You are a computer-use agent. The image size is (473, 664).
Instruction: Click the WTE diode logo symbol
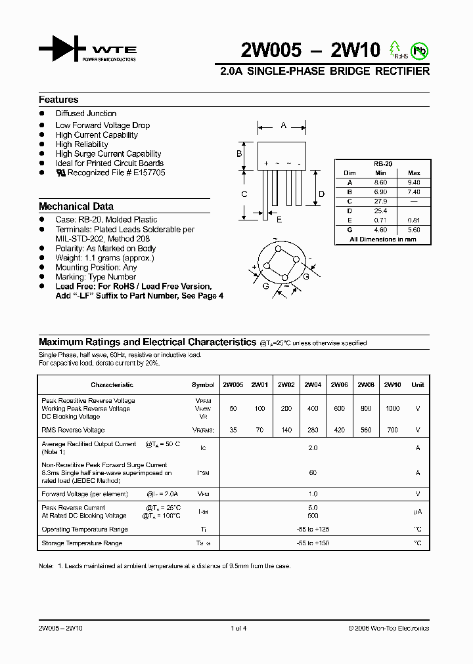point(62,50)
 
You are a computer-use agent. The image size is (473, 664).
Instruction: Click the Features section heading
point(58,100)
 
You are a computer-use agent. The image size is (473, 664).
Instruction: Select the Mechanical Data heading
point(76,206)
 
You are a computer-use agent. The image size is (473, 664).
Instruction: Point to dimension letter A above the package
point(283,125)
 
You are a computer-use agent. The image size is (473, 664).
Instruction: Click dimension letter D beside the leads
point(321,194)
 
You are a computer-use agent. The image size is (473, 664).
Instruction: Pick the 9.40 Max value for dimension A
point(414,182)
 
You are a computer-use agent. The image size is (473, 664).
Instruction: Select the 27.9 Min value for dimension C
point(381,201)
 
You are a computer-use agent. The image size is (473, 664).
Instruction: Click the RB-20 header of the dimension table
point(382,164)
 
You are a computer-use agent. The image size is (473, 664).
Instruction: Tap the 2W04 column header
point(313,385)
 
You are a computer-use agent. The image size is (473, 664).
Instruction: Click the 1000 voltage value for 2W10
point(392,409)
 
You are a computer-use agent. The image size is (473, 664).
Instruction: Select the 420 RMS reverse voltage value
point(339,430)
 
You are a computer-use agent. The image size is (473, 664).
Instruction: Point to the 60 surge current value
point(313,472)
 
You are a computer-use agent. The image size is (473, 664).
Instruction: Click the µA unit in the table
point(417,512)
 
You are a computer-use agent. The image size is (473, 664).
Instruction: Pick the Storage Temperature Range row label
point(82,543)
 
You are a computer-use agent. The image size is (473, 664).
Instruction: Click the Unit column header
point(417,385)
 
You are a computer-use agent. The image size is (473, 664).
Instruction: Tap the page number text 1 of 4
point(238,629)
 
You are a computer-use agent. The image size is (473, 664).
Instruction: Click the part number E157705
point(149,173)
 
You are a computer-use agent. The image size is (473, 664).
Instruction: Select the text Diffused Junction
point(86,114)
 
